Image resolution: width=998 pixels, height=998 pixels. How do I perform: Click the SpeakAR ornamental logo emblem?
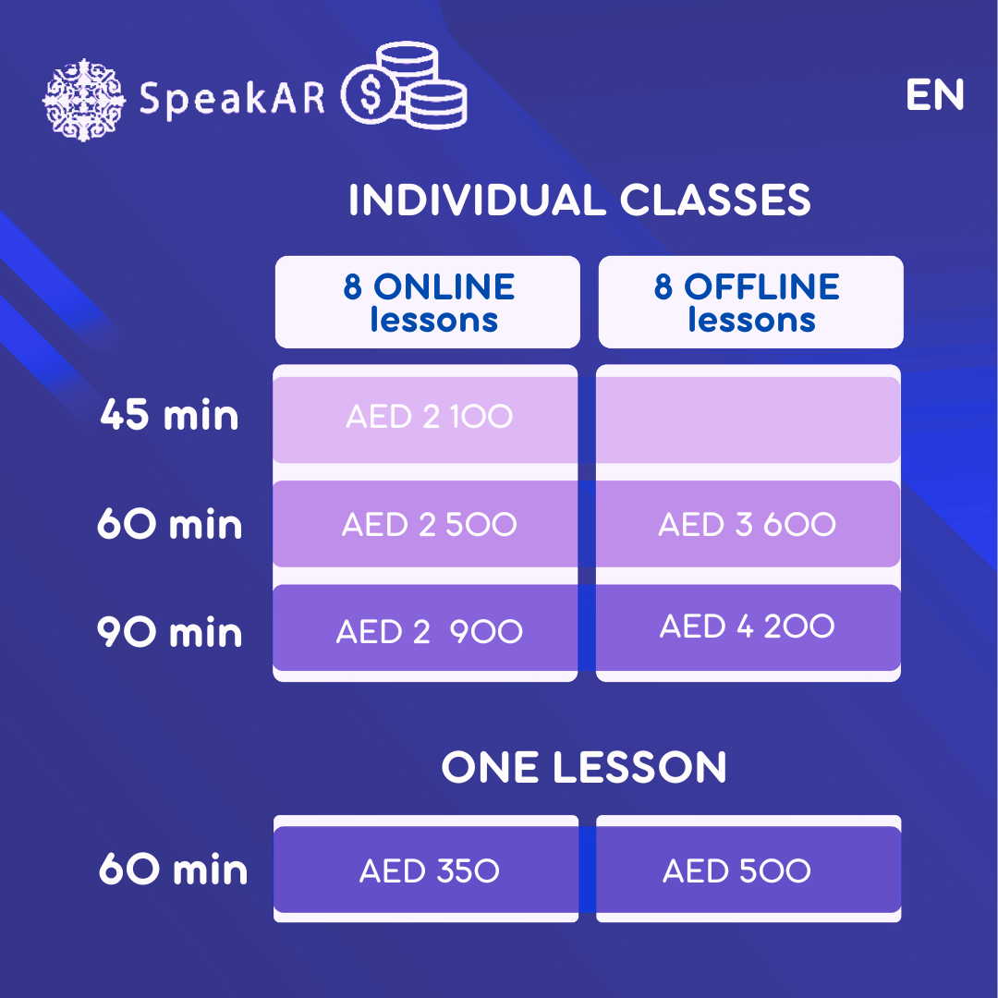click(83, 99)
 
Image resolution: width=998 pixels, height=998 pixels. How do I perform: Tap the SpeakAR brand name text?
click(232, 99)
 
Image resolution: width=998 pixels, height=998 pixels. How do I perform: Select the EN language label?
click(934, 95)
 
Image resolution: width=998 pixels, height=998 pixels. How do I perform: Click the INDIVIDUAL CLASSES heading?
click(579, 200)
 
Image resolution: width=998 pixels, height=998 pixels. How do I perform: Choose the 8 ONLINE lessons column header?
click(428, 302)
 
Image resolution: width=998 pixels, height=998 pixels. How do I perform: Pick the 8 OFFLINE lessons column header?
click(751, 302)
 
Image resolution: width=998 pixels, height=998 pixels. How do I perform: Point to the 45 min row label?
click(169, 415)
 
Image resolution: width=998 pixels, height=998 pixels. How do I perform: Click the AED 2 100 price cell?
click(429, 416)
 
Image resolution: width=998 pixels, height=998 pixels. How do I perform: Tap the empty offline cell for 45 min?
click(748, 420)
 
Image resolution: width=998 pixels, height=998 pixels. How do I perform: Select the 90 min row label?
click(169, 632)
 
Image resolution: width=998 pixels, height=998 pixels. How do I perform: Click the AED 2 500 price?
click(429, 525)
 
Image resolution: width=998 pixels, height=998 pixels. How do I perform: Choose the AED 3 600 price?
click(747, 525)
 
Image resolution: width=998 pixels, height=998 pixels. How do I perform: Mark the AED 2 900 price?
click(429, 631)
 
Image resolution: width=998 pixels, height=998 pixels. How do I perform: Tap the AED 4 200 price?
click(747, 626)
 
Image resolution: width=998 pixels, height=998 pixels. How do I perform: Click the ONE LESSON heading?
click(584, 767)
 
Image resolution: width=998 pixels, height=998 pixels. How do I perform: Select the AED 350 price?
click(429, 870)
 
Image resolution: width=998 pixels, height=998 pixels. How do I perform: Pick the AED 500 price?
click(736, 870)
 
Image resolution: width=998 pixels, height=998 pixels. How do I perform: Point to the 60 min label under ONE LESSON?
click(173, 869)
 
